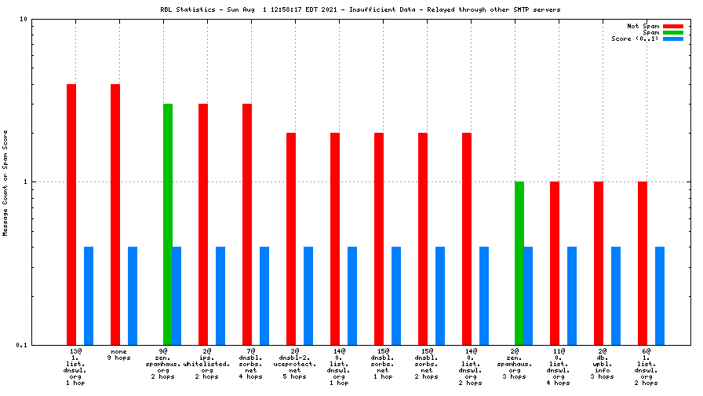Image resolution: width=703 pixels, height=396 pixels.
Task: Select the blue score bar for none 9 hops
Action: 133,295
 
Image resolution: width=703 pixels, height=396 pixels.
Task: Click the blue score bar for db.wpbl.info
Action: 616,295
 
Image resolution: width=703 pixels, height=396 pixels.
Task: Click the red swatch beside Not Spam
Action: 673,26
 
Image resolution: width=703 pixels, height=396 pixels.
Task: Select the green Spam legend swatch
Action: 673,32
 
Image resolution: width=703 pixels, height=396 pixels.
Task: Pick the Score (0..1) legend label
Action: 636,38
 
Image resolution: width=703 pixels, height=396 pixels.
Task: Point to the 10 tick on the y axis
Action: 23,19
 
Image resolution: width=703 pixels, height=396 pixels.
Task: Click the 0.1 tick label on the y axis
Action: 21,345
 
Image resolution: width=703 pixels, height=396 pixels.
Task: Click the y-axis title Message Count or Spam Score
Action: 5,181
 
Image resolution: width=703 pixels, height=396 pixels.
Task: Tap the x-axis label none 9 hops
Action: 119,354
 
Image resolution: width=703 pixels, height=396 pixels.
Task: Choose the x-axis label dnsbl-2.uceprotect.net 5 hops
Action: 295,364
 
